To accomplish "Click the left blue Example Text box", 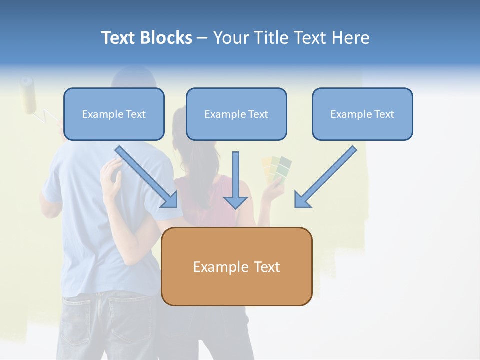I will click(x=114, y=114).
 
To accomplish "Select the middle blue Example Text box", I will click(x=236, y=114).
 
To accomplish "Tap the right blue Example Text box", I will click(x=362, y=114).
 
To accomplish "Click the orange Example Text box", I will click(x=236, y=266).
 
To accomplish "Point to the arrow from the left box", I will click(x=146, y=176).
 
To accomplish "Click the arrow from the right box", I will click(x=326, y=176).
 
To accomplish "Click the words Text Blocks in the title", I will click(x=146, y=38).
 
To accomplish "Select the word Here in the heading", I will click(x=352, y=38).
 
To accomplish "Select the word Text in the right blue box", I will click(x=384, y=114).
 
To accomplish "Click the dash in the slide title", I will click(x=203, y=38).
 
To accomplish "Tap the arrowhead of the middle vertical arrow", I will click(x=235, y=202).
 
